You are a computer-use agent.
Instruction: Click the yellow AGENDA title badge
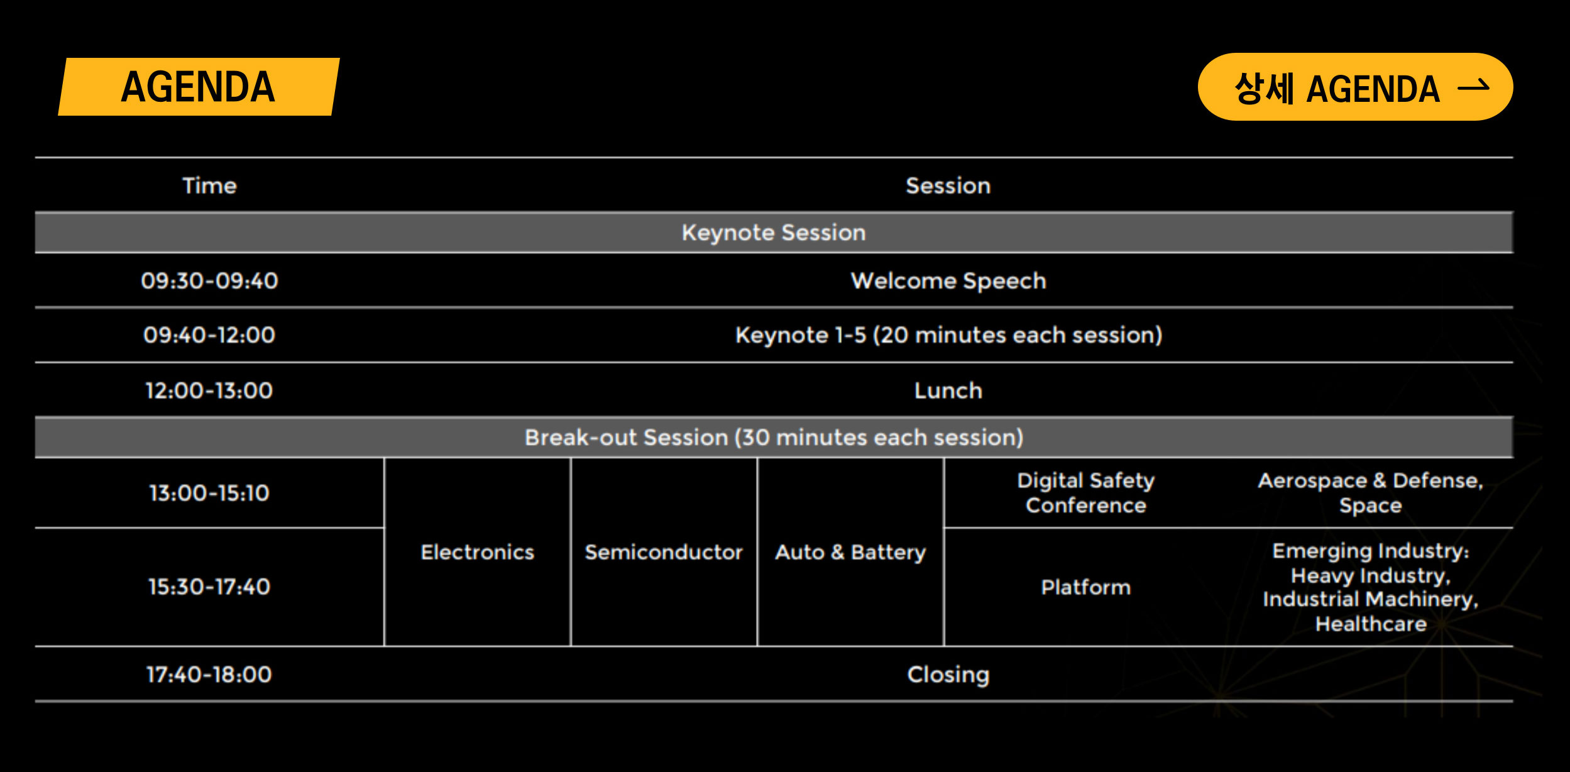[x=199, y=87]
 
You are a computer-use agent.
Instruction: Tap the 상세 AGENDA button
[x=1355, y=87]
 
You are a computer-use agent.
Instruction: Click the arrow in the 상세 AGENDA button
[x=1473, y=86]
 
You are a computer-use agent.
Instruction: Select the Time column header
[x=209, y=185]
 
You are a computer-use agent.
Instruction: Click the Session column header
[x=948, y=185]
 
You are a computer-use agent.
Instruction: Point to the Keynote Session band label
[x=774, y=233]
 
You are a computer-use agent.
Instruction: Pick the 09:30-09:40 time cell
[x=209, y=280]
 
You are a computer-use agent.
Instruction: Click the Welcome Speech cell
[x=948, y=281]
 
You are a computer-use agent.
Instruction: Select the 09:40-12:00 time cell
[x=209, y=334]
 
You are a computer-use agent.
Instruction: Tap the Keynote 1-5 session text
[x=948, y=335]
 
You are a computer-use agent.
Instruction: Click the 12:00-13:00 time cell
[x=209, y=390]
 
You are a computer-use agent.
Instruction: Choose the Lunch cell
[x=948, y=390]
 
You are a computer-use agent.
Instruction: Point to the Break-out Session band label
[x=774, y=437]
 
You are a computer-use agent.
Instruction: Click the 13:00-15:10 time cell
[x=209, y=493]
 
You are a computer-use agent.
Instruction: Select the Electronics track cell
[x=478, y=552]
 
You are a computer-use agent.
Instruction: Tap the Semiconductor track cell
[x=664, y=552]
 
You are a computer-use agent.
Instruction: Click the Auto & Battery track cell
[x=850, y=552]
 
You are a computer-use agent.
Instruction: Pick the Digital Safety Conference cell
[x=1085, y=493]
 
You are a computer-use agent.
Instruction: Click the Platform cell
[x=1085, y=587]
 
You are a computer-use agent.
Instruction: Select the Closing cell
[x=948, y=675]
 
